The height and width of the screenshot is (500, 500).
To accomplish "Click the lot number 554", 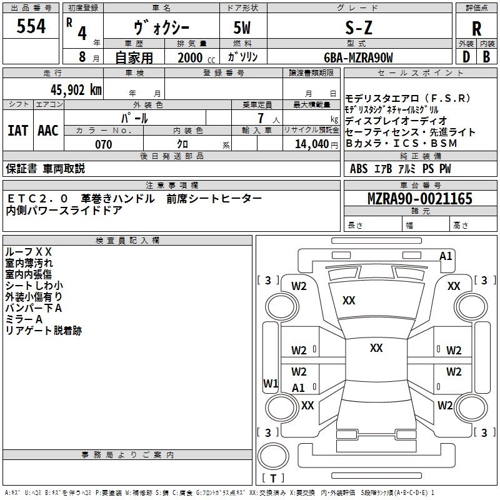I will [x=31, y=27].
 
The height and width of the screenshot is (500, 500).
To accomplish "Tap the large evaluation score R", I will [x=476, y=29].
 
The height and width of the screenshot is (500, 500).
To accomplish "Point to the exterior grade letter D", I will [x=466, y=56].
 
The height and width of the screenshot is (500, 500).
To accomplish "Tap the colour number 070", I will [x=103, y=144].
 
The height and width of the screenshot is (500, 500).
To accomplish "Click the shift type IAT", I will [x=17, y=131].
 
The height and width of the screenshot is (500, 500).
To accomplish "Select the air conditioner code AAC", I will [x=48, y=131].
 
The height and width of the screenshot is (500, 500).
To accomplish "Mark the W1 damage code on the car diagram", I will [x=270, y=382].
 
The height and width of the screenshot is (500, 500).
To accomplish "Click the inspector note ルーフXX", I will [x=28, y=252].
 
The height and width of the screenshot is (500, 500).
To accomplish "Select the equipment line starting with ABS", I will [x=400, y=169].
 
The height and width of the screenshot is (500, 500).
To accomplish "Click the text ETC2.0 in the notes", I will [x=37, y=198].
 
